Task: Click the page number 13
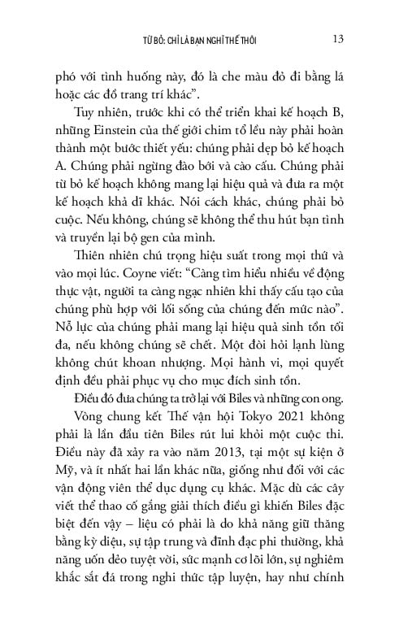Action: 341,38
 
